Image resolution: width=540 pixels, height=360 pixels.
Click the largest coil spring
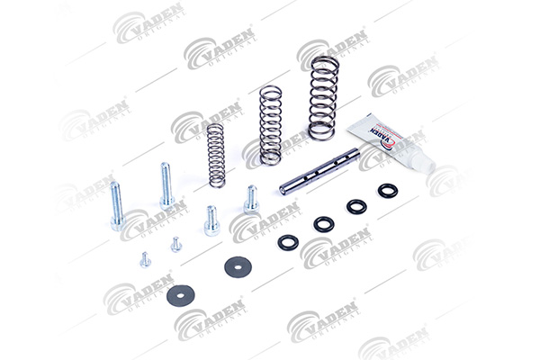[323, 98]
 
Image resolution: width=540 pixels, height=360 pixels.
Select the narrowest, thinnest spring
[217, 156]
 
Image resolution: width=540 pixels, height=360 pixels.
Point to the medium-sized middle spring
[270, 125]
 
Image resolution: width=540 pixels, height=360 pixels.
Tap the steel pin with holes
[319, 171]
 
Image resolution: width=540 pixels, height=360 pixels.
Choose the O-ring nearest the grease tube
[388, 191]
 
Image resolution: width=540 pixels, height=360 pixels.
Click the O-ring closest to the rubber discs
[288, 242]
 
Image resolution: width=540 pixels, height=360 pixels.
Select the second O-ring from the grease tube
[356, 206]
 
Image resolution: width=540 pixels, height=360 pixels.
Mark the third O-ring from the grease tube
[324, 224]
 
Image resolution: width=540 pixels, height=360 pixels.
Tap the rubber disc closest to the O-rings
[238, 266]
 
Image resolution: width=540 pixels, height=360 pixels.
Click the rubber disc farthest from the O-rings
[181, 295]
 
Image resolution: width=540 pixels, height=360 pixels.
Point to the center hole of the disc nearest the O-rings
[238, 266]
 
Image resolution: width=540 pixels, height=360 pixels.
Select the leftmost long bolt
[117, 206]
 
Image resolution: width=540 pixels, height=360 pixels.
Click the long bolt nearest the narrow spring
[166, 185]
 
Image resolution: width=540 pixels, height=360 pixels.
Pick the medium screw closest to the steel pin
[251, 199]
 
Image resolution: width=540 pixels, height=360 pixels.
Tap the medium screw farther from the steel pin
[211, 220]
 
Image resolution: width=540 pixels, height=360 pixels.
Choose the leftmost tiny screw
[145, 260]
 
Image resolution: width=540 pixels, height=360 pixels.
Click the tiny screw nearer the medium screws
[176, 244]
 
